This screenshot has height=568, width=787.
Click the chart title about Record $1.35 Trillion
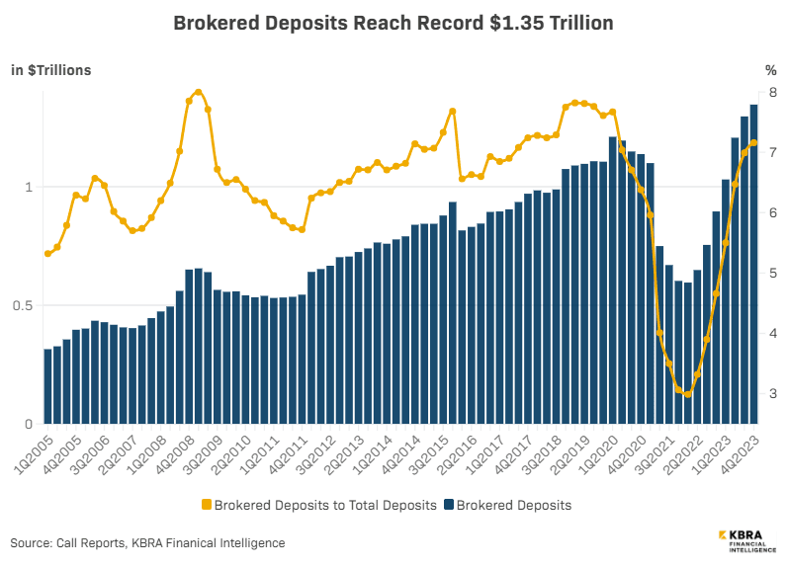[393, 22]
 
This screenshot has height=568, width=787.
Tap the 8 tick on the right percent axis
[771, 93]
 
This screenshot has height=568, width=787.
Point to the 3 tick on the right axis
[771, 394]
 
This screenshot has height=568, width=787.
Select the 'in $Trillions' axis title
[51, 70]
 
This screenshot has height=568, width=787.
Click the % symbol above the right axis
[771, 70]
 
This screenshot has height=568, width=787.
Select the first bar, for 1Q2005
[46, 385]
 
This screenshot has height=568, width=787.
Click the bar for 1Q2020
[613, 281]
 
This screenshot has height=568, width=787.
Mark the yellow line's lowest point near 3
[687, 394]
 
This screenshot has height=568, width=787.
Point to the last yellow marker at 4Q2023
[753, 143]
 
